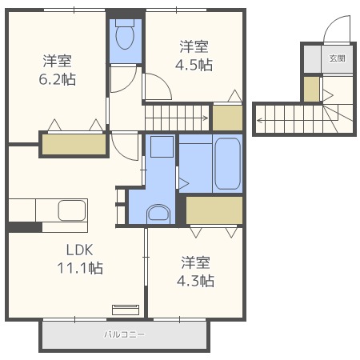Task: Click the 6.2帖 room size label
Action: click(x=58, y=79)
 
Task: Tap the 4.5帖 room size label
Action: click(x=194, y=65)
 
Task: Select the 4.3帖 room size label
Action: click(x=195, y=281)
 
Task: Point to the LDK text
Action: click(x=79, y=250)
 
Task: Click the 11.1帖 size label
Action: click(x=80, y=268)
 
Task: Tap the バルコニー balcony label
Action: click(x=124, y=334)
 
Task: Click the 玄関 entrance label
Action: click(x=338, y=58)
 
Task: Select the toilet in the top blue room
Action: click(x=125, y=34)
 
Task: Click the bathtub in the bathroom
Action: click(x=227, y=163)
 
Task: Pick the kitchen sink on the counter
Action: click(x=72, y=210)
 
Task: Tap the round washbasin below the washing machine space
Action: click(x=158, y=213)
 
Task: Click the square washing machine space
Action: click(x=162, y=146)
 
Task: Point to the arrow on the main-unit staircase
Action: click(x=177, y=118)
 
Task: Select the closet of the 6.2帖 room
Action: click(x=74, y=144)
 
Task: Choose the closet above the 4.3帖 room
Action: click(x=214, y=210)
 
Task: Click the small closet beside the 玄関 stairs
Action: click(x=311, y=90)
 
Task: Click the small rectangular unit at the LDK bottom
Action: click(x=126, y=310)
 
